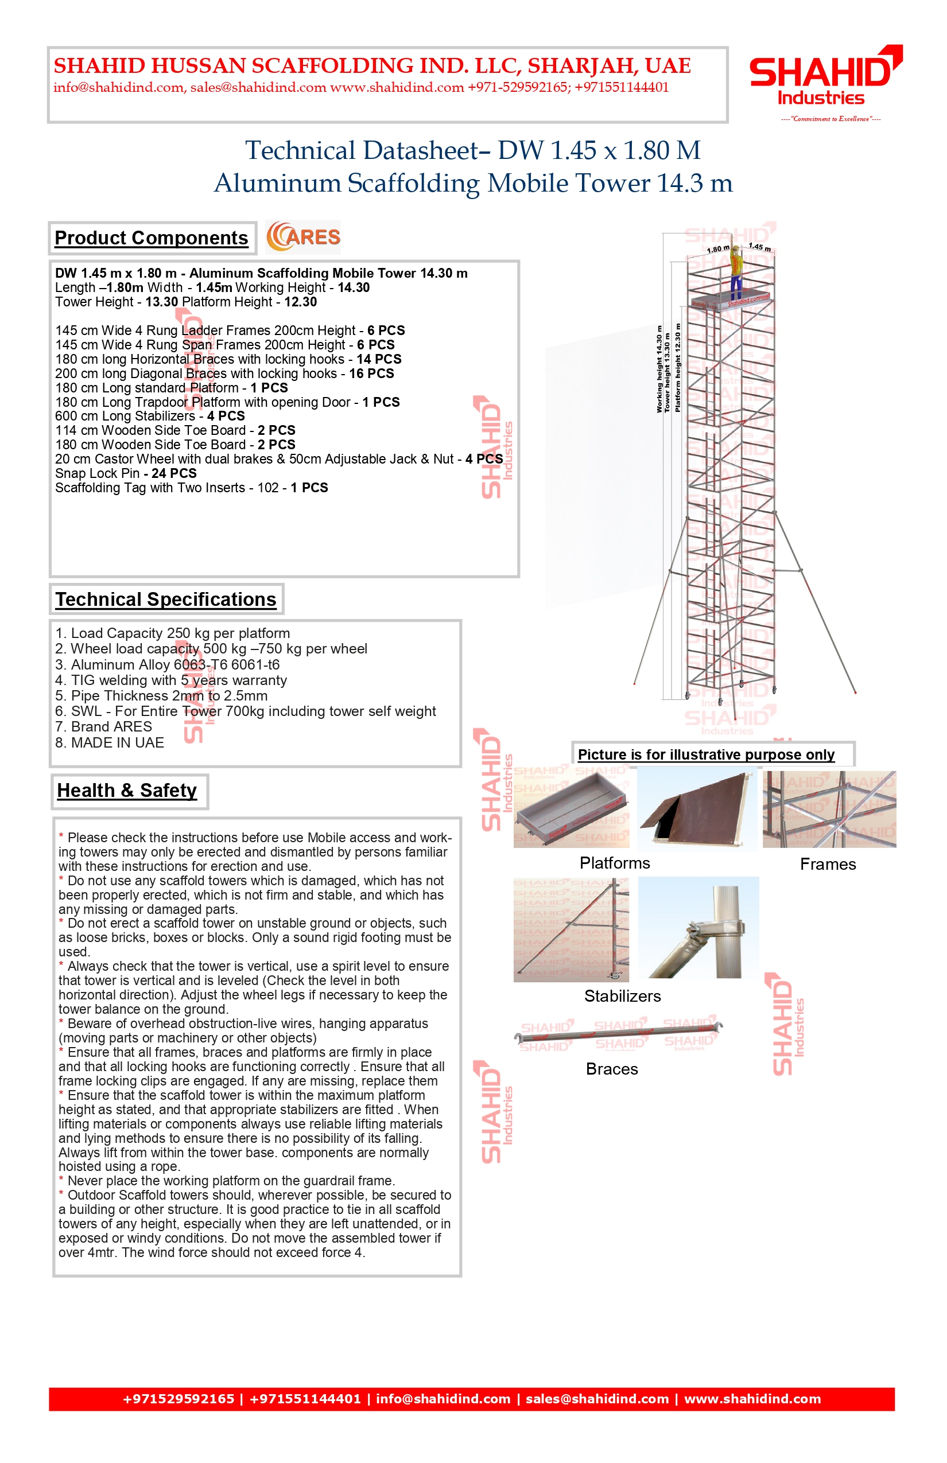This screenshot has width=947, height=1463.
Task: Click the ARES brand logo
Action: [303, 238]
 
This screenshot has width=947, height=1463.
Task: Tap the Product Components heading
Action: [152, 238]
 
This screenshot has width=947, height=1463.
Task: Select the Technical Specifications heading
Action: [166, 600]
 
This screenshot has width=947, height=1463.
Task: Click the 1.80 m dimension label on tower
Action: [717, 249]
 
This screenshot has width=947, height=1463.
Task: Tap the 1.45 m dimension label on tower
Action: [759, 247]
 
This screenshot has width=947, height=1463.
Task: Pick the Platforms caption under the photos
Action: [614, 863]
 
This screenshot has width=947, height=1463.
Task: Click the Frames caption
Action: [828, 864]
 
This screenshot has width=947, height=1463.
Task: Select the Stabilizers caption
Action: [622, 996]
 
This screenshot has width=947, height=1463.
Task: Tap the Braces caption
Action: [612, 1069]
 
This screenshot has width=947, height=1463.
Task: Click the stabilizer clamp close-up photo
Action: [698, 928]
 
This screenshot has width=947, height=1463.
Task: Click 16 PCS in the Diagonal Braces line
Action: [371, 373]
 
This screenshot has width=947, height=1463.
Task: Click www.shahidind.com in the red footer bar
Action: [752, 1399]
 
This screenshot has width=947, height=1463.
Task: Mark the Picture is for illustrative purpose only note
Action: [706, 755]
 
